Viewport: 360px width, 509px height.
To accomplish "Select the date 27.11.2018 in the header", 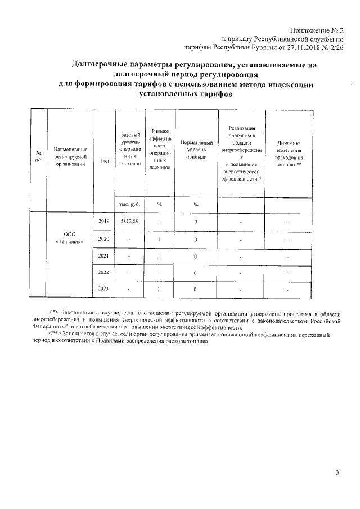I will click(302, 48).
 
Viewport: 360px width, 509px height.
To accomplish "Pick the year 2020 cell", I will click(103, 239).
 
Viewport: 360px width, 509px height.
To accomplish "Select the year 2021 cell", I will click(103, 256).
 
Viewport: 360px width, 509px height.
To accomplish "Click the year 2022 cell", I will click(103, 273).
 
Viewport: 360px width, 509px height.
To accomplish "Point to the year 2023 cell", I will click(103, 289).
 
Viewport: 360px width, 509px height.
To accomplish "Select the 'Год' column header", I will click(103, 161).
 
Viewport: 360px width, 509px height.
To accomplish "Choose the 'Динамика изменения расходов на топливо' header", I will click(289, 151).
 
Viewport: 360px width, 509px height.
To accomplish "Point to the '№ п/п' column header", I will click(39, 156).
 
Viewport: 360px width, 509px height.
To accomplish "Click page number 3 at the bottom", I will click(337, 473).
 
